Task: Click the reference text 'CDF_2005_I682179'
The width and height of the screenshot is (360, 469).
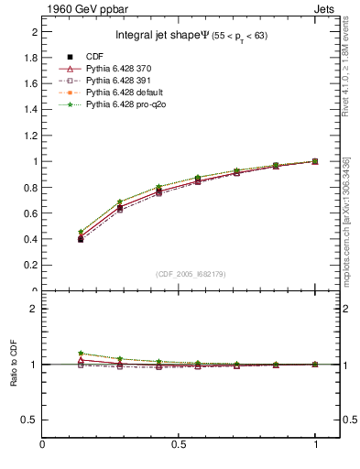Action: click(x=191, y=274)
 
